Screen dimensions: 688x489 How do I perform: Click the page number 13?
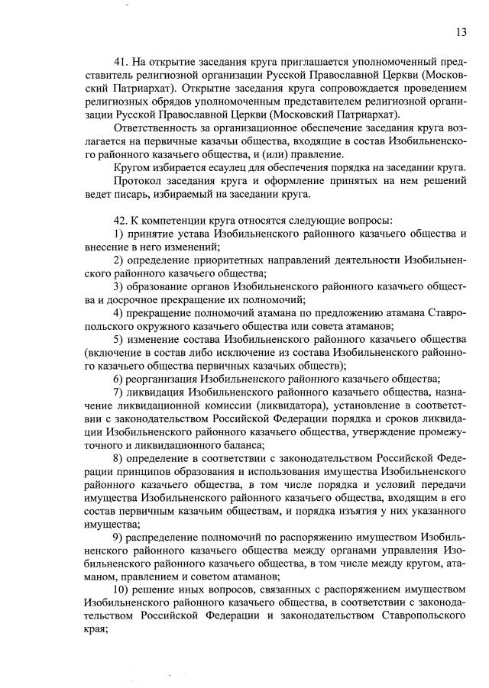[x=461, y=31]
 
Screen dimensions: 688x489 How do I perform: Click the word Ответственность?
[x=156, y=128]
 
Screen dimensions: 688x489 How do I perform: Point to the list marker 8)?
[x=118, y=458]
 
